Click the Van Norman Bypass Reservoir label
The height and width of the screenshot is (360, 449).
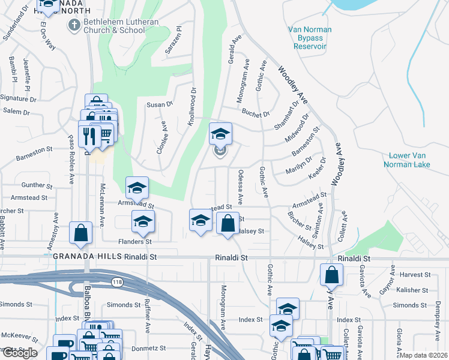click(307, 37)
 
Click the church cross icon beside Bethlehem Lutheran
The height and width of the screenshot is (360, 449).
click(74, 25)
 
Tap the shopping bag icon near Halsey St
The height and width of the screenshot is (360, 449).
click(228, 224)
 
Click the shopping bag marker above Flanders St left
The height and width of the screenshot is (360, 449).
click(80, 233)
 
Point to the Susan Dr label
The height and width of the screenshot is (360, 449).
click(159, 104)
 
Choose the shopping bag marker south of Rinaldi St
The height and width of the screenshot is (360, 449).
click(331, 275)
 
